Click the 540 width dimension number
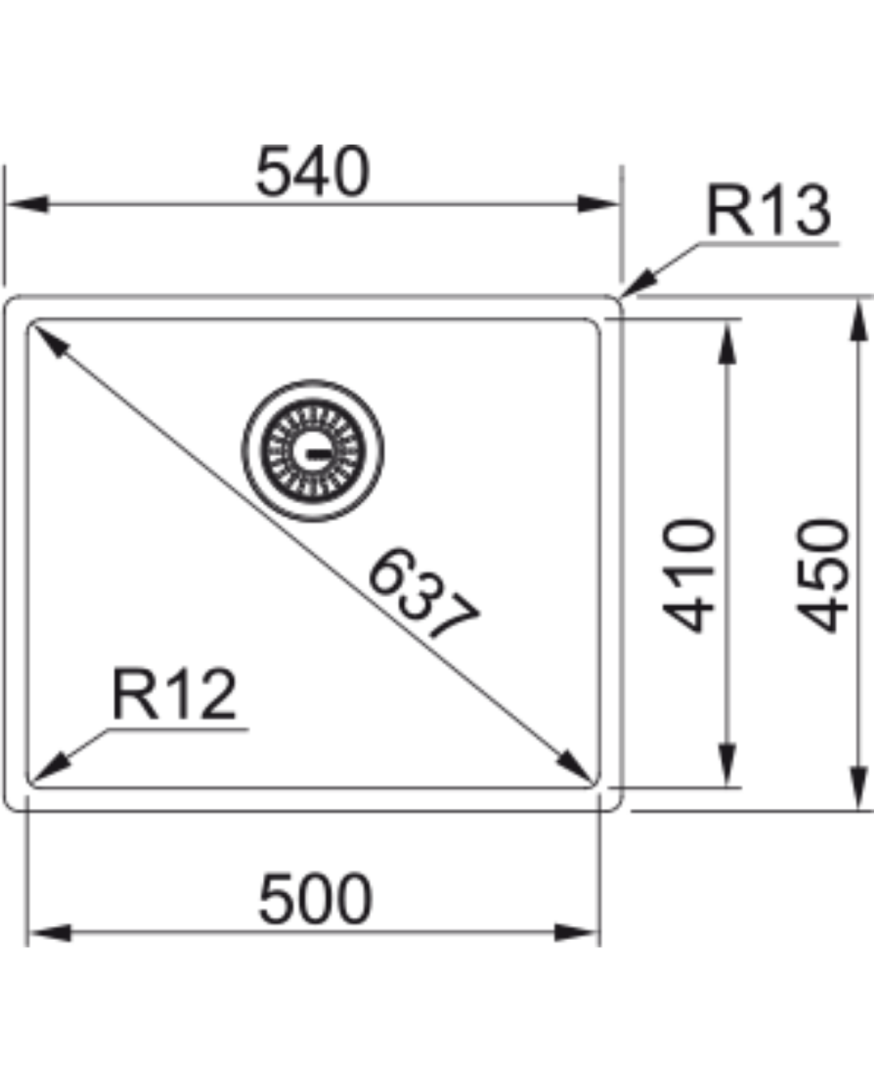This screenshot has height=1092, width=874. [312, 171]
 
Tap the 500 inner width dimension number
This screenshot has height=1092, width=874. [316, 899]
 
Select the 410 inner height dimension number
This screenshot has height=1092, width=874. [689, 574]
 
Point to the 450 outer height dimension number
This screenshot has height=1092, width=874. [823, 574]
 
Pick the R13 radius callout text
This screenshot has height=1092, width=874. [768, 211]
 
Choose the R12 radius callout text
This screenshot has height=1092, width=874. [174, 694]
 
